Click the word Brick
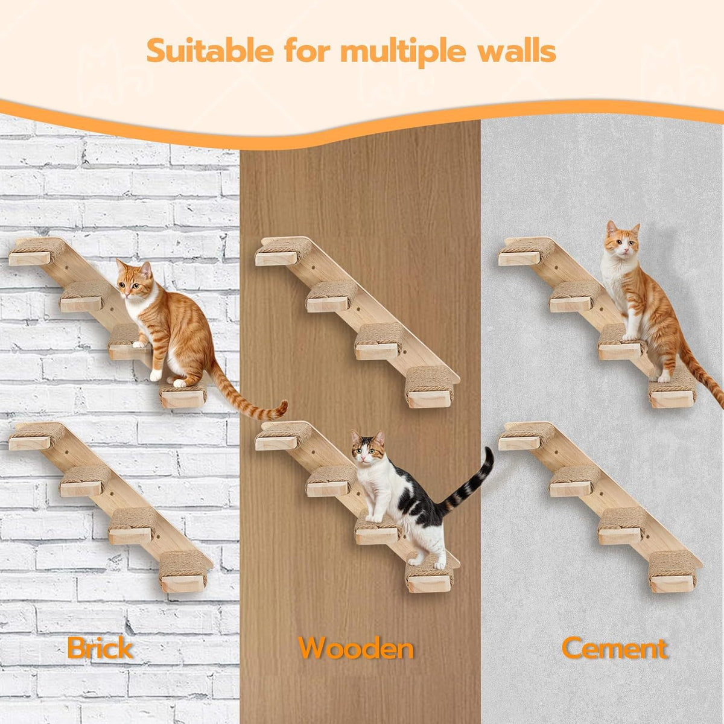pos(100,648)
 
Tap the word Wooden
pos(356,649)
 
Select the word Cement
pos(614,649)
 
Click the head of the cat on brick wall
pos(134,279)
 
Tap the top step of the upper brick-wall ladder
pos(36,251)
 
